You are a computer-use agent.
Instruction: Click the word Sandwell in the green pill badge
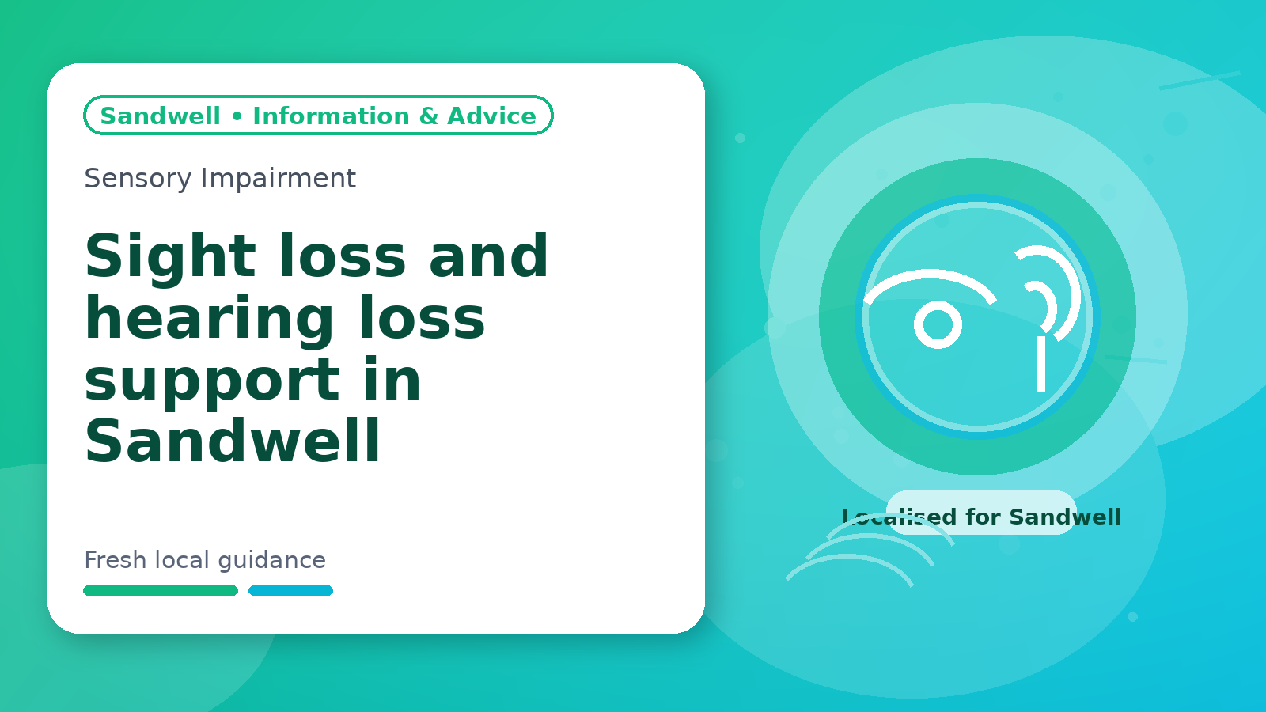click(160, 116)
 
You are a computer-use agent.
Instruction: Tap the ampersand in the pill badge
click(428, 116)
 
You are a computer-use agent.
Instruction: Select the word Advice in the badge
click(491, 116)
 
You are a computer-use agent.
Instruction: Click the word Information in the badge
click(331, 116)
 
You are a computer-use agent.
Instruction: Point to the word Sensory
click(138, 179)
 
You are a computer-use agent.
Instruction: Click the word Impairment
click(278, 179)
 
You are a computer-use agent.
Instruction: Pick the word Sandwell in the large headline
click(233, 440)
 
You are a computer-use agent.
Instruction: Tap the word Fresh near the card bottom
click(116, 560)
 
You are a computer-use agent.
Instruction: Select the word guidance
click(272, 561)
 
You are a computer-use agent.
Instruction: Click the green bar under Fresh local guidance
click(161, 590)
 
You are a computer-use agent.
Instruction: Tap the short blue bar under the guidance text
click(290, 590)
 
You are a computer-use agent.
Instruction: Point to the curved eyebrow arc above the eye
click(931, 274)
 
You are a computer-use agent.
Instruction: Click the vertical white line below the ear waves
click(1041, 364)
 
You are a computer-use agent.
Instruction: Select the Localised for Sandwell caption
click(981, 517)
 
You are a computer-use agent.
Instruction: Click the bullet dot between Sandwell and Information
click(237, 116)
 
